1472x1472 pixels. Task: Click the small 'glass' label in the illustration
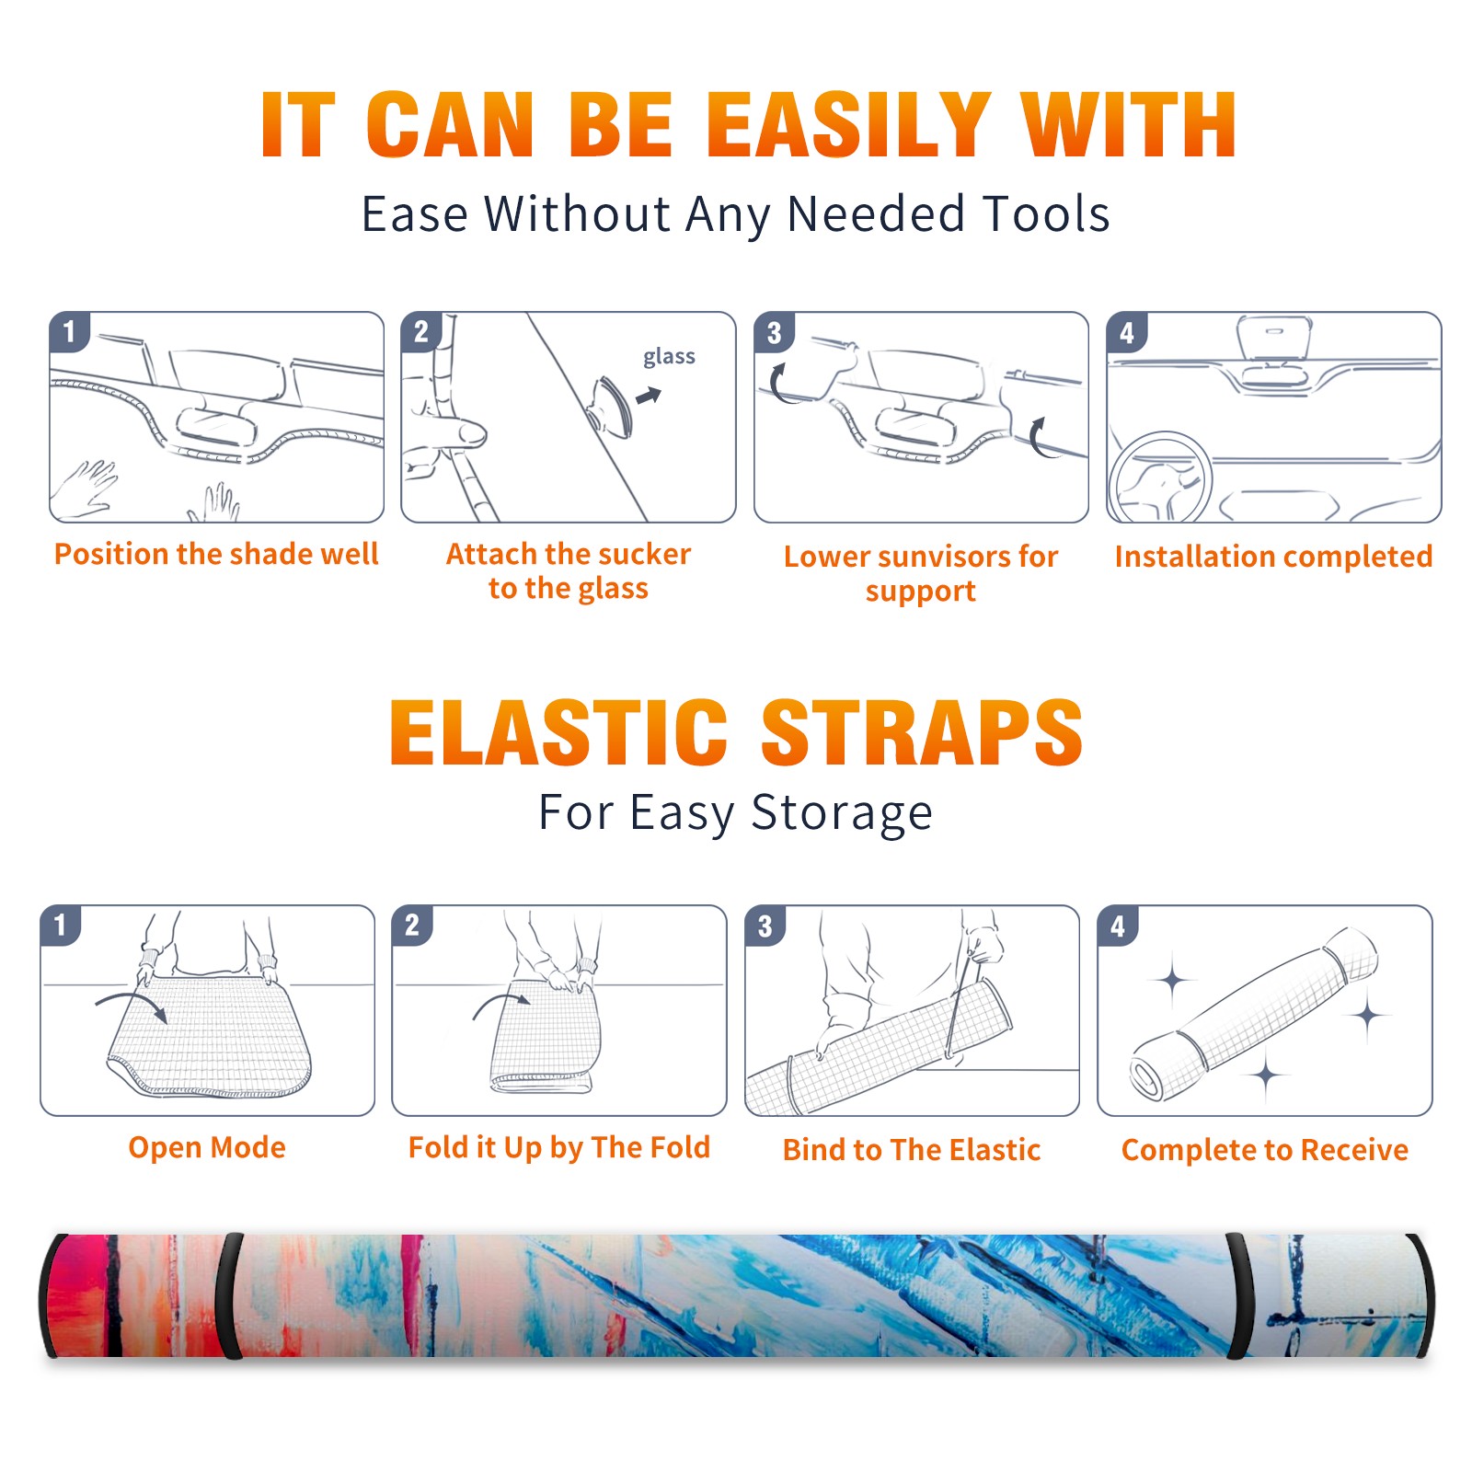click(x=669, y=357)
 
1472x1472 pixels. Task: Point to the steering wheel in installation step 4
click(x=1159, y=477)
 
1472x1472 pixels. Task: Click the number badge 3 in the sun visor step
click(x=774, y=332)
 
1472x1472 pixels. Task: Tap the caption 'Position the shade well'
click(x=216, y=554)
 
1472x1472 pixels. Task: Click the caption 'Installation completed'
click(x=1273, y=557)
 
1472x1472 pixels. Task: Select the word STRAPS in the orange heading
click(x=922, y=732)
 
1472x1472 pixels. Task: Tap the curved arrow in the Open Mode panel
click(x=132, y=1005)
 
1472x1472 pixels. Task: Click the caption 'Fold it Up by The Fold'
click(x=559, y=1148)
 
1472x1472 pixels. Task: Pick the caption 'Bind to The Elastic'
click(x=912, y=1150)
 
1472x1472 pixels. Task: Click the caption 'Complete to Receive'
click(x=1265, y=1150)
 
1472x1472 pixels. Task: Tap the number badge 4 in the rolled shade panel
click(x=1118, y=926)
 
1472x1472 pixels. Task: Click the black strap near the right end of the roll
click(x=1238, y=1295)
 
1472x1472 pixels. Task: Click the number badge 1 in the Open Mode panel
click(x=61, y=925)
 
